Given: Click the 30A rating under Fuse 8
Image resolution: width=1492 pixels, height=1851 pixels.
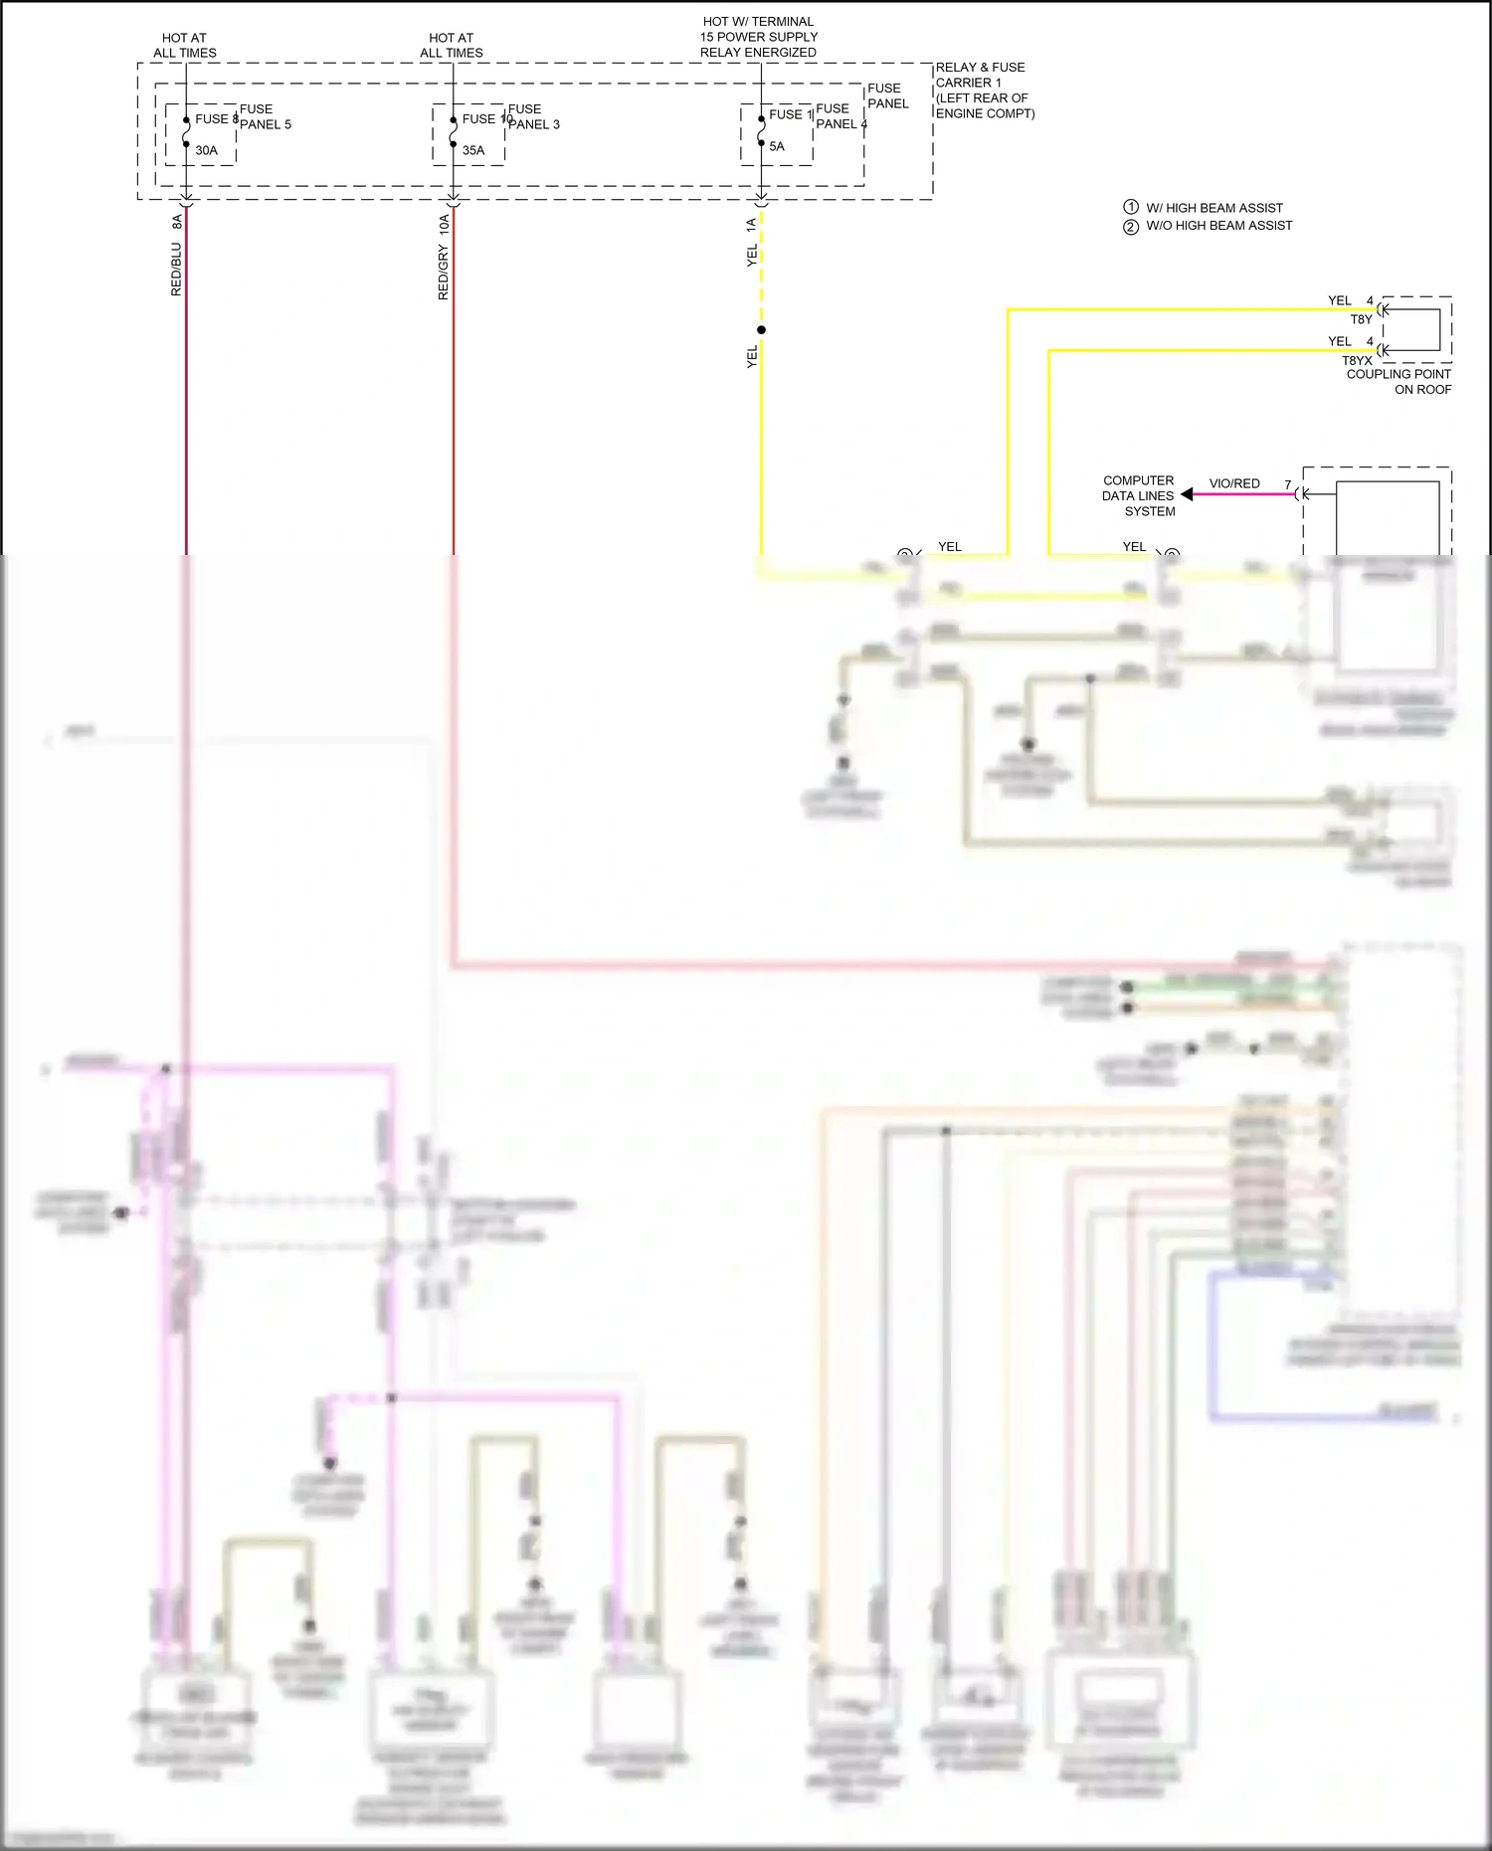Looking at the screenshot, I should [x=206, y=151].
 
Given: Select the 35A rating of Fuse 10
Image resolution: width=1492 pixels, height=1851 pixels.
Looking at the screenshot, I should [x=473, y=151].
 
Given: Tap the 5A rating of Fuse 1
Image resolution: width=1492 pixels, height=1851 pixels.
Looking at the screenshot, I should [x=777, y=147].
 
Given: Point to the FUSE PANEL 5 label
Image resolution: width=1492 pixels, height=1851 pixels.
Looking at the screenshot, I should [x=265, y=117].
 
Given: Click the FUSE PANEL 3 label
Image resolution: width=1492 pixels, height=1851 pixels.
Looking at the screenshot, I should [x=533, y=117].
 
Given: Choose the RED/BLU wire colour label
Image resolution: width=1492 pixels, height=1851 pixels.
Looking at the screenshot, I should [x=177, y=270].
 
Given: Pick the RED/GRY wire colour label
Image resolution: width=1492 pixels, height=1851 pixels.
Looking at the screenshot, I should [x=444, y=273].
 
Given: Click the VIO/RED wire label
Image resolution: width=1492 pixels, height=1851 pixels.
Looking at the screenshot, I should [x=1234, y=483].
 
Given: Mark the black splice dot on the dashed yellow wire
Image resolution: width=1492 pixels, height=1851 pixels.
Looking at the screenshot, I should [x=761, y=330].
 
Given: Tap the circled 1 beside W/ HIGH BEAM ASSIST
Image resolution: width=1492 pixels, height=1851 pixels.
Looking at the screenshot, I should [x=1131, y=207].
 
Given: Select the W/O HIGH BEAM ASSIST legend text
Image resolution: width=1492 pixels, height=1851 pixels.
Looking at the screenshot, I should [x=1218, y=226].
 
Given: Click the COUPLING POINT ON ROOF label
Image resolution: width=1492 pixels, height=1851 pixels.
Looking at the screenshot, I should [x=1399, y=382].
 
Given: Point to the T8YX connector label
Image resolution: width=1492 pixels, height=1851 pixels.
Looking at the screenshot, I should [x=1357, y=361].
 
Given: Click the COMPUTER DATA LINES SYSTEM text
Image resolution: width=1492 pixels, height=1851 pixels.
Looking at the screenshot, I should [x=1138, y=495].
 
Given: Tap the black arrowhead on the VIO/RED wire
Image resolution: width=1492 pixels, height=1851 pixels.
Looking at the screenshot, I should [x=1187, y=494].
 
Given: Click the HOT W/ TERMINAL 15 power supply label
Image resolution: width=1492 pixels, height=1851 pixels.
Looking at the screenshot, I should [x=758, y=37].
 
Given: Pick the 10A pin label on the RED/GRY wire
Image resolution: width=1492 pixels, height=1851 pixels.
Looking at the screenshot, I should [x=444, y=224].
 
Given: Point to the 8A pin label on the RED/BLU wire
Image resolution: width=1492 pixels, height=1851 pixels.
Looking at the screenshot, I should [x=177, y=222].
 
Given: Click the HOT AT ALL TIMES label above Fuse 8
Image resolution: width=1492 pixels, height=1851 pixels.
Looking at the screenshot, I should [x=185, y=46].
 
